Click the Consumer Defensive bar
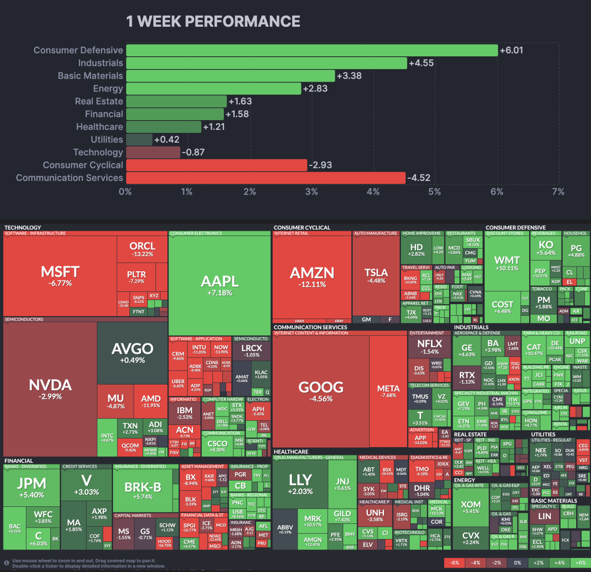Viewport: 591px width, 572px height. click(x=312, y=50)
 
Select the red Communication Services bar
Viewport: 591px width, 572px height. click(x=265, y=178)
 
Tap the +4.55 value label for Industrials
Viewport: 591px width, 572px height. click(x=421, y=63)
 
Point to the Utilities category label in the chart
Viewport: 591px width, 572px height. click(x=107, y=140)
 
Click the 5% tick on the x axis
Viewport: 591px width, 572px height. click(x=434, y=192)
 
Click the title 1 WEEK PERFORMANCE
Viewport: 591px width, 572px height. click(x=213, y=22)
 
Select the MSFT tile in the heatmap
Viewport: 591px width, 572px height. click(x=60, y=276)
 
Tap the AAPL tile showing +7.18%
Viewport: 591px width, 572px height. click(x=219, y=286)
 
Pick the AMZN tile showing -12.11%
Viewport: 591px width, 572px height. click(x=312, y=277)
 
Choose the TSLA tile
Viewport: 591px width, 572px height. click(x=376, y=276)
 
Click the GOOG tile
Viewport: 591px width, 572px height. click(x=321, y=391)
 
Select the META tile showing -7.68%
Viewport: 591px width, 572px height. click(x=388, y=391)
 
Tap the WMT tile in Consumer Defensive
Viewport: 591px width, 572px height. click(x=507, y=263)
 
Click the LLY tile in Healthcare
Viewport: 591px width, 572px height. click(x=300, y=484)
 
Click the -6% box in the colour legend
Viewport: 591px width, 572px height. click(x=454, y=563)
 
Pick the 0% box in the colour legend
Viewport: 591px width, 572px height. click(x=517, y=563)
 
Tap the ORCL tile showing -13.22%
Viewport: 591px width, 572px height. click(x=142, y=249)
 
